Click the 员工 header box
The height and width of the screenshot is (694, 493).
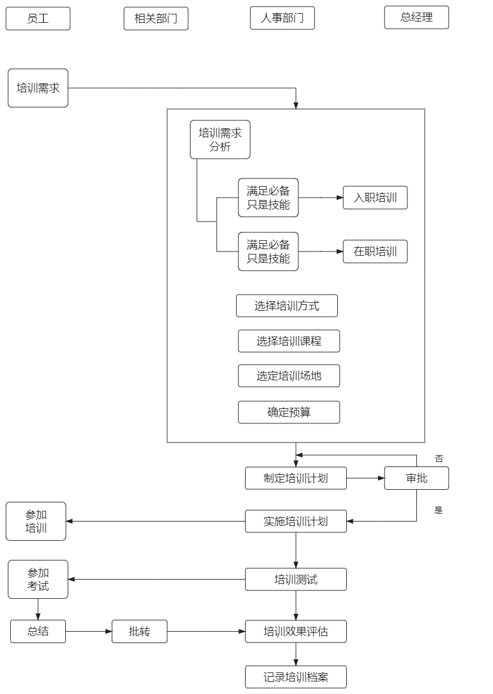click(x=38, y=19)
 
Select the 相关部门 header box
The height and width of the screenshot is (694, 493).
click(x=156, y=19)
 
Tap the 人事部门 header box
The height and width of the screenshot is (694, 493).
click(x=282, y=18)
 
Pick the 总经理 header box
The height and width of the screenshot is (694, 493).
click(x=416, y=17)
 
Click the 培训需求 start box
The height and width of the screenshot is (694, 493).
click(x=38, y=88)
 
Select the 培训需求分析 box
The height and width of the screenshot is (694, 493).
click(x=220, y=140)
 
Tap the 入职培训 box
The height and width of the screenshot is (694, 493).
click(x=375, y=198)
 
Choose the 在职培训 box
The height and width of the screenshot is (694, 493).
click(x=375, y=251)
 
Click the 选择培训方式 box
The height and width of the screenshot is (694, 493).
click(x=287, y=306)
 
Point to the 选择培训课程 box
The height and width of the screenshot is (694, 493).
click(x=289, y=341)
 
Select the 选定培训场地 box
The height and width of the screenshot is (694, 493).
click(x=289, y=376)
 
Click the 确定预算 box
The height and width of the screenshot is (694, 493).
click(x=289, y=413)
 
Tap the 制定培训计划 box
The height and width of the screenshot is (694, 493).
click(x=296, y=478)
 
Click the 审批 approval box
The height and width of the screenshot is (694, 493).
click(x=416, y=478)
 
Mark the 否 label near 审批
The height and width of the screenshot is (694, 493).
click(x=438, y=459)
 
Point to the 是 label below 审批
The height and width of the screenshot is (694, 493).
click(x=438, y=511)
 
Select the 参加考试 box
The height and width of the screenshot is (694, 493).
click(x=38, y=579)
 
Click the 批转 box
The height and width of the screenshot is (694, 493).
click(x=140, y=632)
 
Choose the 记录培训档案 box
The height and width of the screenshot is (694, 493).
click(x=296, y=677)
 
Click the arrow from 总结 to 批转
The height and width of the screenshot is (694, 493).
click(x=89, y=632)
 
